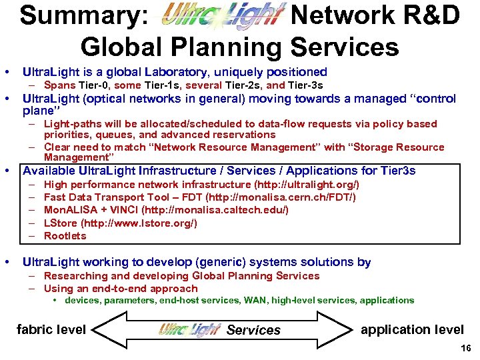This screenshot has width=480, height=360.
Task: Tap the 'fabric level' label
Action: coord(51,329)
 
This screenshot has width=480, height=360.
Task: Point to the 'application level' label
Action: coord(412,329)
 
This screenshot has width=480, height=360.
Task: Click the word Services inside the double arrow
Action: coord(253,330)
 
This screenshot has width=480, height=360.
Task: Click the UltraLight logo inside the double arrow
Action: coord(189,329)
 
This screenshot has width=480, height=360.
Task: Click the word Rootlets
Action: coord(65,236)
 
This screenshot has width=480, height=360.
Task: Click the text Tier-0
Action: coord(95,85)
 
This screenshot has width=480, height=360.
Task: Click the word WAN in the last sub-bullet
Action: coord(255,301)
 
